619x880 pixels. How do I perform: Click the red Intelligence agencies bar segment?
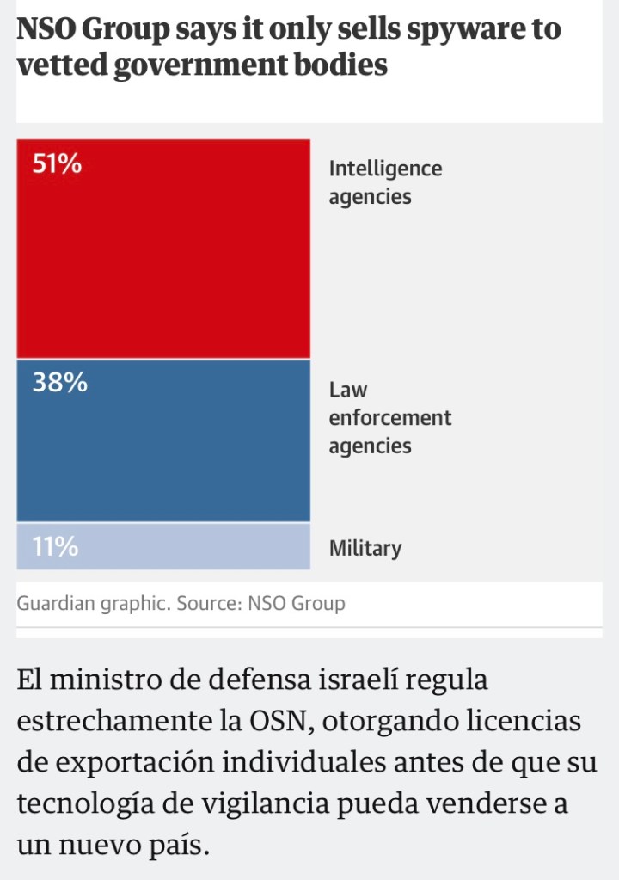pyautogui.click(x=163, y=258)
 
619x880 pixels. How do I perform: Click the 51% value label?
pyautogui.click(x=57, y=164)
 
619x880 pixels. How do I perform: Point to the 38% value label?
pyautogui.click(x=59, y=383)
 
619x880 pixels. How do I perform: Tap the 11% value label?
pyautogui.click(x=55, y=546)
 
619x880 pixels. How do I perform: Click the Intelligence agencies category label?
pyautogui.click(x=385, y=182)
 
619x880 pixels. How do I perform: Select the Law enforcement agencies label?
pyautogui.click(x=389, y=418)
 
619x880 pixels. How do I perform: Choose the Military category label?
pyautogui.click(x=365, y=548)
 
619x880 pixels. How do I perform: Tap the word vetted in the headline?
pyautogui.click(x=58, y=65)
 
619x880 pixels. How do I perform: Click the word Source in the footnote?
pyautogui.click(x=207, y=603)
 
